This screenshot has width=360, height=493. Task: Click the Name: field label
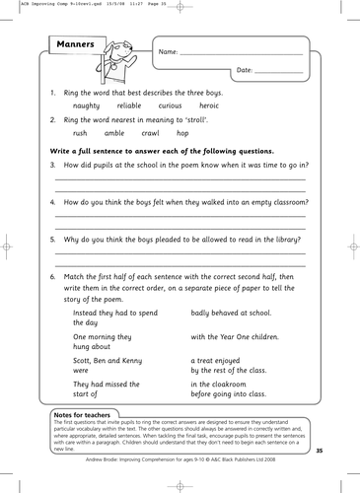[169, 51]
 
